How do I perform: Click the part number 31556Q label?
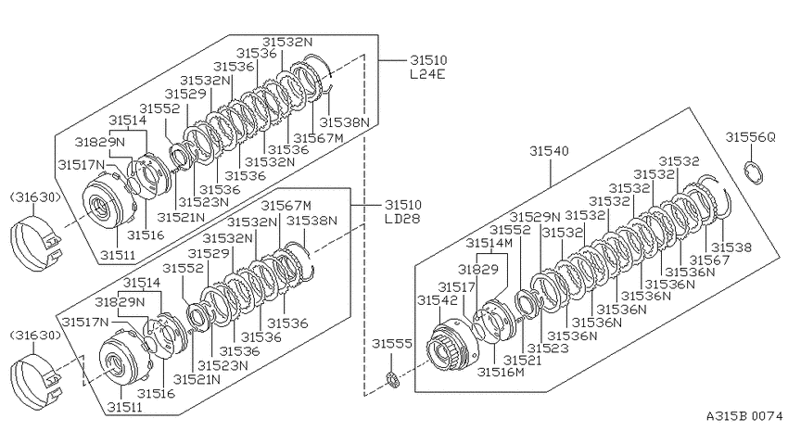point(750,137)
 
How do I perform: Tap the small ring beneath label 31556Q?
point(754,171)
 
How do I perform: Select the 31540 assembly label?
point(550,151)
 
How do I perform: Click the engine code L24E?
point(428,74)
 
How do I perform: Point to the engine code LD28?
point(402,219)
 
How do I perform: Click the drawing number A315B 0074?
point(744,416)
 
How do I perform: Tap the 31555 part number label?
point(392,344)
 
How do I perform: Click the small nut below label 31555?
point(392,379)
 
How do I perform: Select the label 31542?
point(438,300)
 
